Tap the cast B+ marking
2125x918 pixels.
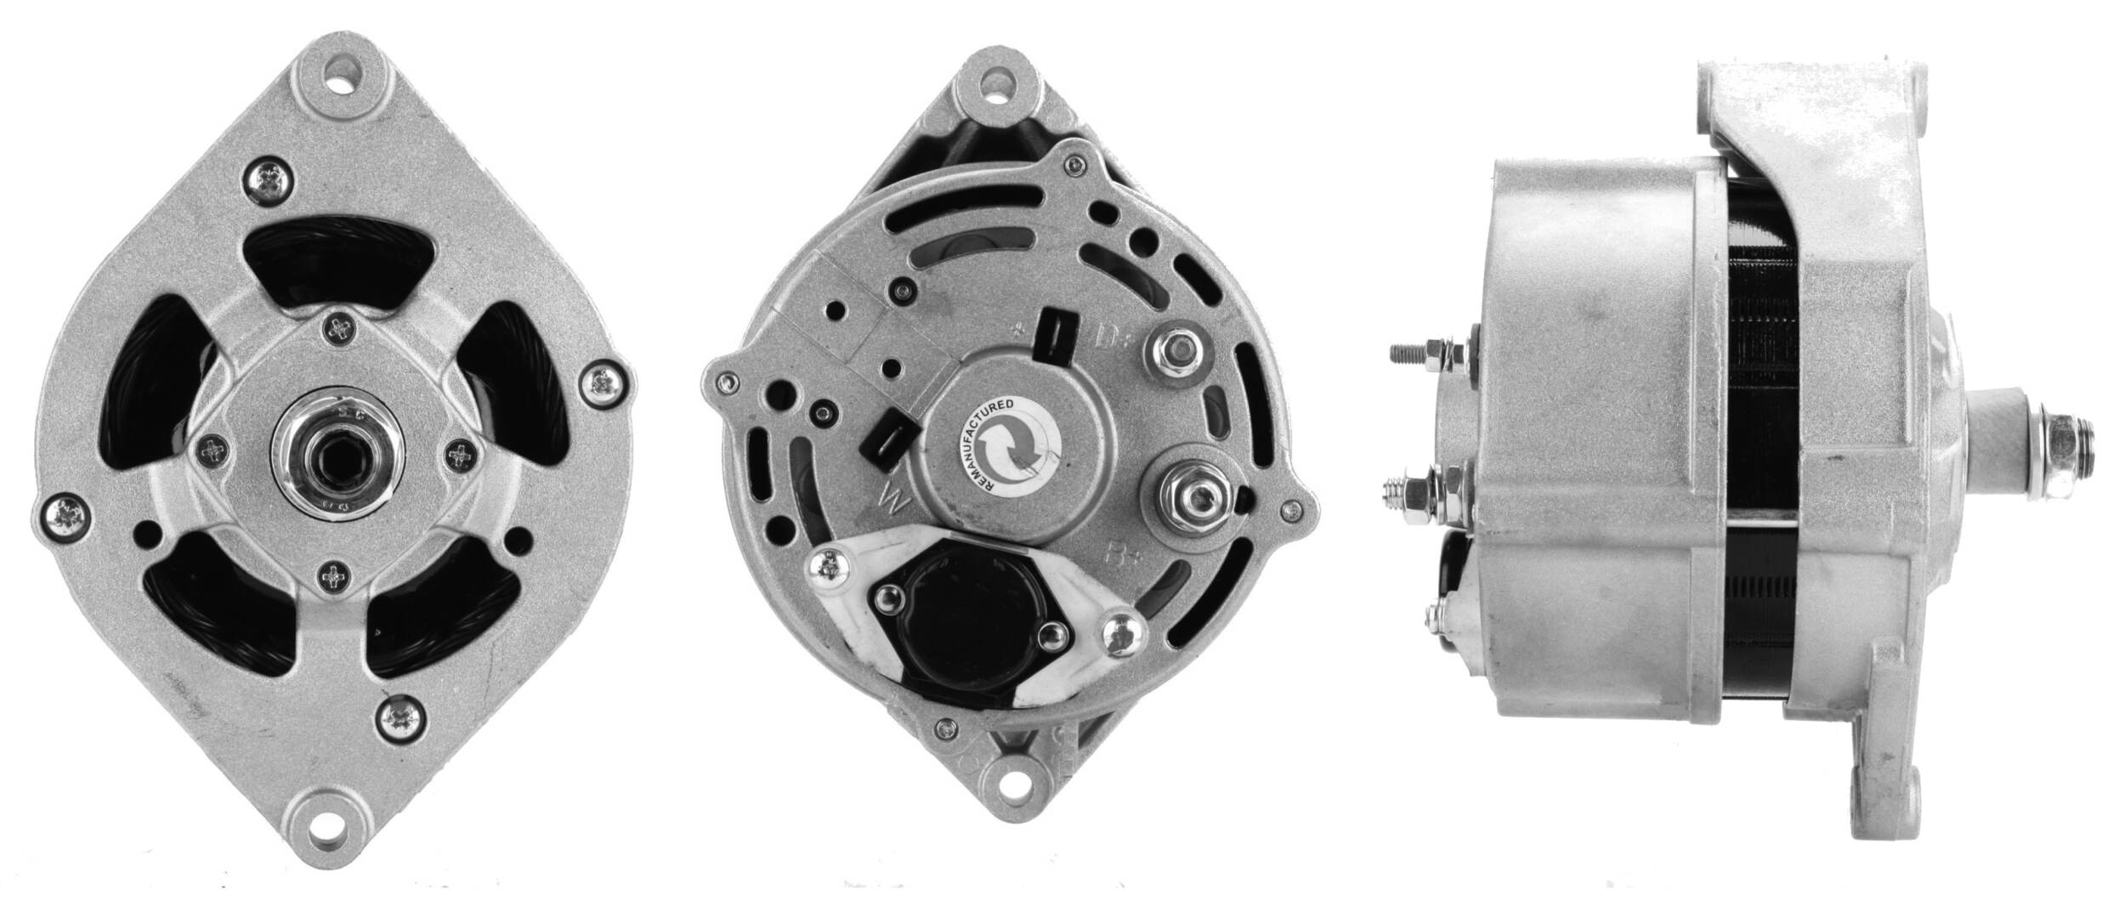click(x=1119, y=554)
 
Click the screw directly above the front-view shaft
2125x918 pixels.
click(x=343, y=327)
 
